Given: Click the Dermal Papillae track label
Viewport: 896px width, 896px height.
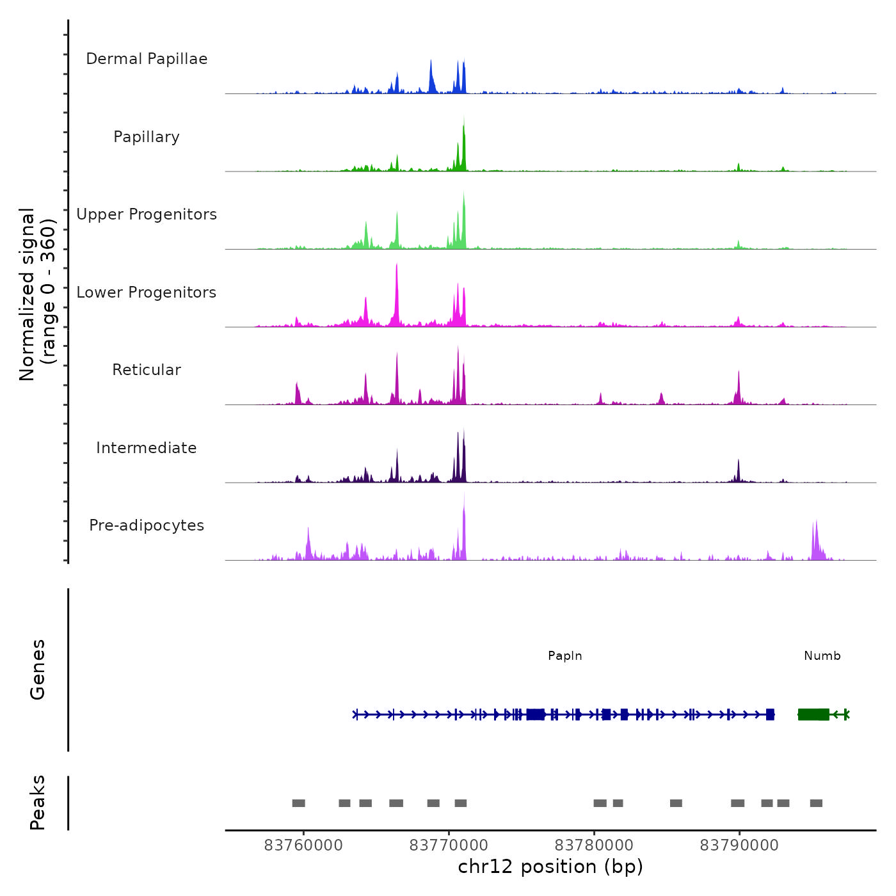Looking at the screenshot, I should tap(147, 59).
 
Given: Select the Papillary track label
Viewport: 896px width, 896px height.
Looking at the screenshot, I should tap(147, 137).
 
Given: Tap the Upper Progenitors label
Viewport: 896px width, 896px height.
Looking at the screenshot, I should tap(147, 214).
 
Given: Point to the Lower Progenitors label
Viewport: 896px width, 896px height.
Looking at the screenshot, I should tap(147, 292).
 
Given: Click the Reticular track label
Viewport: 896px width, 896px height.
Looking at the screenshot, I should tap(147, 370).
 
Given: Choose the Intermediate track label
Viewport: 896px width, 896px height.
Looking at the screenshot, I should tap(147, 448).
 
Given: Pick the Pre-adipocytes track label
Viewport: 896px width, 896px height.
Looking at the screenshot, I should tap(147, 525).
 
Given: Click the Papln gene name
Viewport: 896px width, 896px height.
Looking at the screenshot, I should tap(565, 656).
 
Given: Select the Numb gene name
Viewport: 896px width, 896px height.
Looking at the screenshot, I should tap(822, 656).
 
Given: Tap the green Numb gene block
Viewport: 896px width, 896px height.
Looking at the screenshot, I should tap(813, 714).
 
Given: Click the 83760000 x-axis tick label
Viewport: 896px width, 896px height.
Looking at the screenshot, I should tap(303, 845).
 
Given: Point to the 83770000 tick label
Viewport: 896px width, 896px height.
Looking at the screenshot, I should tap(449, 845).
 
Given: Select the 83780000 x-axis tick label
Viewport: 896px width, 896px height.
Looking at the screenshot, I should tap(594, 845).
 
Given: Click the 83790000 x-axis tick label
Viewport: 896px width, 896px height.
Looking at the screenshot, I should tap(739, 845).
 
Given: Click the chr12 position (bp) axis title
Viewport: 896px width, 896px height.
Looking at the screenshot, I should tap(550, 867).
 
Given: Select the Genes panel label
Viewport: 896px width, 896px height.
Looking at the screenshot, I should tap(37, 669).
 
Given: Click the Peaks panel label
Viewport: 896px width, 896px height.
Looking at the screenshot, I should tap(37, 803).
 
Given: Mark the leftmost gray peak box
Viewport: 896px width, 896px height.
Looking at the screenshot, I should tap(298, 803).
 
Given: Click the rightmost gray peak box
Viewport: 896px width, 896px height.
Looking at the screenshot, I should tap(816, 803).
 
